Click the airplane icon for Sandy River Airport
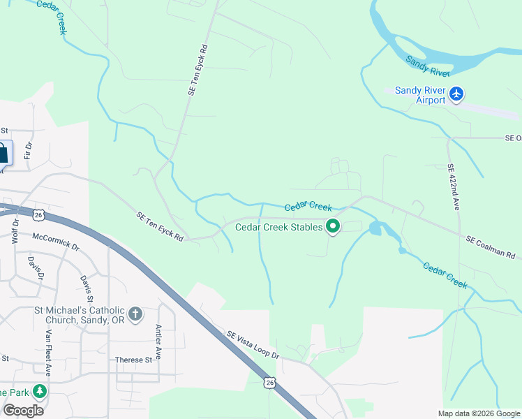456,94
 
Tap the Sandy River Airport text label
420,95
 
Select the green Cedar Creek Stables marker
333,226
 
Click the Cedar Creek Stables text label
278,227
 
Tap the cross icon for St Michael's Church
135,314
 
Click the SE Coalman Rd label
491,247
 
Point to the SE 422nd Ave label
454,186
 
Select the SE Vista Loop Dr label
252,344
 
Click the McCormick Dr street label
56,246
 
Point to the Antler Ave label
158,342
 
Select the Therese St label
133,360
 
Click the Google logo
23,410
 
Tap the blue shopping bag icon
3,153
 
